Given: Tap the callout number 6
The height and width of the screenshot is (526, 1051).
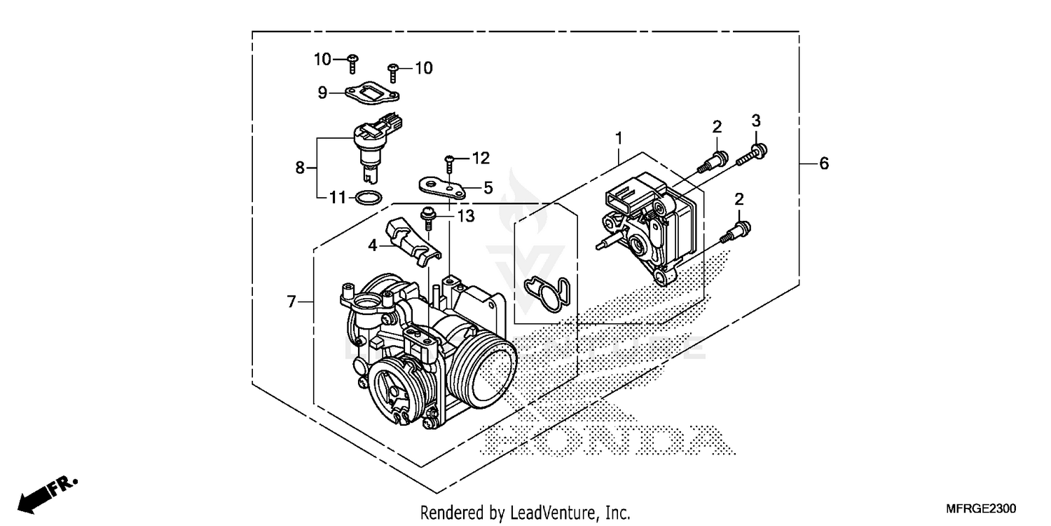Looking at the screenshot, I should [x=824, y=163].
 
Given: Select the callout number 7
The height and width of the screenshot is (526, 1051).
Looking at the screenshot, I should [x=291, y=302].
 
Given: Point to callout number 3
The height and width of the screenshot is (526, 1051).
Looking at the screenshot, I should [x=756, y=120].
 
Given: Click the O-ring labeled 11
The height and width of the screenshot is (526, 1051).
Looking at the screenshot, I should [x=369, y=198].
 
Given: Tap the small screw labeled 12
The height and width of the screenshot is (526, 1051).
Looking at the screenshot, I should [x=449, y=163].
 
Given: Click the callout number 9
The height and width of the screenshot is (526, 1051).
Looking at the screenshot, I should [x=322, y=93].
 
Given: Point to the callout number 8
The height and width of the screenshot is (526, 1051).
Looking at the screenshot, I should [x=300, y=168].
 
